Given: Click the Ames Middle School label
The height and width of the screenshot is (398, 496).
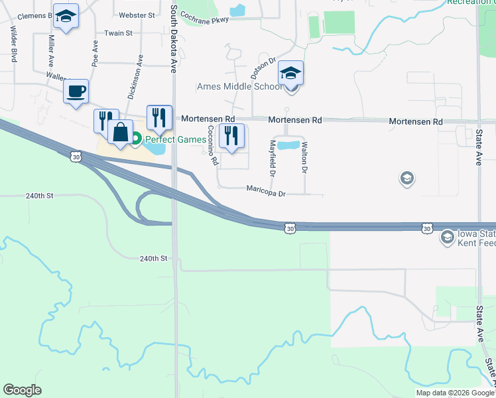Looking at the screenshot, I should (x=239, y=86).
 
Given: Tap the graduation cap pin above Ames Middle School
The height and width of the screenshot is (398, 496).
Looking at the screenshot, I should (x=290, y=72).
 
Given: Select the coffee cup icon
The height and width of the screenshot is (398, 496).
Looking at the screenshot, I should (x=76, y=91).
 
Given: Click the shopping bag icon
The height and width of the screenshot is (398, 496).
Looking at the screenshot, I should (x=121, y=131).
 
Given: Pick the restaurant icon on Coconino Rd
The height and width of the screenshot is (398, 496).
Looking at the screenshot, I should (x=231, y=136).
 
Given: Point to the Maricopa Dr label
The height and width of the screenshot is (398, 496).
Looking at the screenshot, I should (x=265, y=194).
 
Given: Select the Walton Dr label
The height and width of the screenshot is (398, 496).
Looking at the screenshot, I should (x=304, y=158).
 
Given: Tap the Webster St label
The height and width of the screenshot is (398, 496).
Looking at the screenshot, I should (x=136, y=15).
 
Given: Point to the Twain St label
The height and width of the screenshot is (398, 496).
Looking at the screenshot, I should (x=118, y=33).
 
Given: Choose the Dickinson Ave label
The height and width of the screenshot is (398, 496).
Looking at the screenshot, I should (x=135, y=77).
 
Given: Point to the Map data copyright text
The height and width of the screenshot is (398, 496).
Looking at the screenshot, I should (x=454, y=393).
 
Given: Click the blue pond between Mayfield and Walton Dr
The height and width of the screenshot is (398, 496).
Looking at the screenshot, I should (x=288, y=145).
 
